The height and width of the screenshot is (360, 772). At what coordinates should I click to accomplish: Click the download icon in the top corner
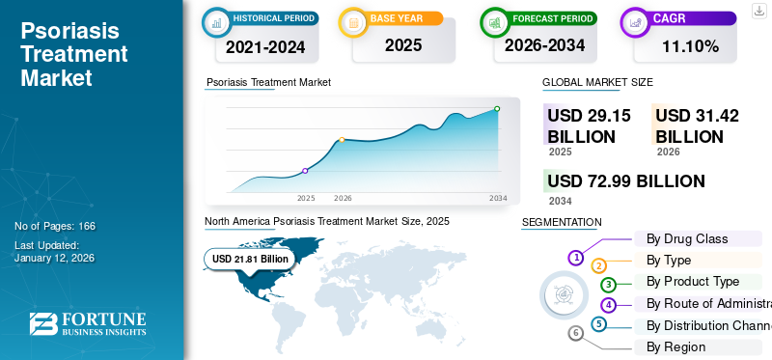tap(758, 10)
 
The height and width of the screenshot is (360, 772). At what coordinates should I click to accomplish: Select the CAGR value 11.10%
tap(690, 45)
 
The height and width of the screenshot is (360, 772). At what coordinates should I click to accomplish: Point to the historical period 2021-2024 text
tap(265, 45)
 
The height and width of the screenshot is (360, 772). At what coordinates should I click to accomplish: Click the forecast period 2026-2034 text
tap(544, 44)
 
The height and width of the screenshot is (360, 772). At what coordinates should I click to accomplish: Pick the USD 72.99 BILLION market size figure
tap(625, 181)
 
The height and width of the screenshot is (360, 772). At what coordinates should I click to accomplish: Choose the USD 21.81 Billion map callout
tap(250, 259)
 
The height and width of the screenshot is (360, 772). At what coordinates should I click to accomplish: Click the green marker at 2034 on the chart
tap(497, 109)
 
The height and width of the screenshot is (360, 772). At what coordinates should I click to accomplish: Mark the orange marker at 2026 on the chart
tap(342, 140)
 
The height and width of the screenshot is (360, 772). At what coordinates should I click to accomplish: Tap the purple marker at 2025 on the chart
tap(305, 171)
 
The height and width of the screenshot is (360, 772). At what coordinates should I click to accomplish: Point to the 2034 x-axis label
tap(498, 198)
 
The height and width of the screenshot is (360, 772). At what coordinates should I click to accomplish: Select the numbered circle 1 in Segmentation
tap(575, 258)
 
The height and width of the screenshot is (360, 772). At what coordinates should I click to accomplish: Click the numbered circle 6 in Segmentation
tap(576, 334)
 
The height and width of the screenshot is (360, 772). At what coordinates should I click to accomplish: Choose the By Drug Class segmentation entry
tap(686, 238)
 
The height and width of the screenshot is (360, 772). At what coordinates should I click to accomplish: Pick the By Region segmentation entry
tap(675, 346)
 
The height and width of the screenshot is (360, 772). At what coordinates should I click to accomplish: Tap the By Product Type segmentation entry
tap(692, 282)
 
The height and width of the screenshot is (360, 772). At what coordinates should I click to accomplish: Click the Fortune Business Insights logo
tap(88, 323)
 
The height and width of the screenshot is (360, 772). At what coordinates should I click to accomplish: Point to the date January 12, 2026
tap(54, 259)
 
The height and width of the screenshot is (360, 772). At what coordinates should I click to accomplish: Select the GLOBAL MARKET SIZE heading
tap(597, 82)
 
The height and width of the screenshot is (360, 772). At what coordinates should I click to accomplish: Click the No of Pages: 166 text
tap(55, 226)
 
